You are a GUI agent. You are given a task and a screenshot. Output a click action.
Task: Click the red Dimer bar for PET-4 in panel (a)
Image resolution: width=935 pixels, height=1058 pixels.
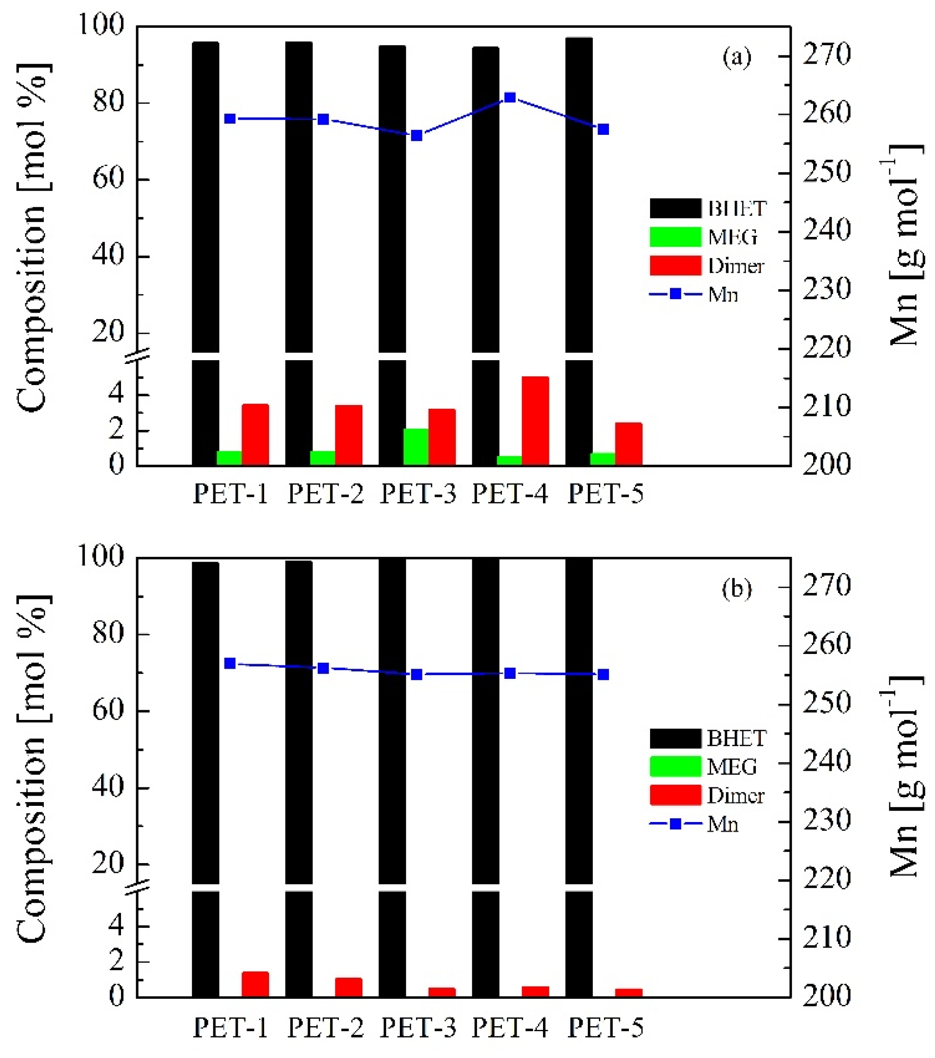click(x=535, y=420)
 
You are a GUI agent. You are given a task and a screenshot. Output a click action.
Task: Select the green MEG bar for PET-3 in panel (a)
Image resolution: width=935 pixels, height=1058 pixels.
click(x=416, y=447)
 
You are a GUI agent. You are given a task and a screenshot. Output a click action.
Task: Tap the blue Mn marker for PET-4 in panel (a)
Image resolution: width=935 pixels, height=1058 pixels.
click(x=510, y=97)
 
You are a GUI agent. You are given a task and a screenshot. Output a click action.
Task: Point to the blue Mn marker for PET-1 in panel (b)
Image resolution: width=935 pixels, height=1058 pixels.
click(x=230, y=664)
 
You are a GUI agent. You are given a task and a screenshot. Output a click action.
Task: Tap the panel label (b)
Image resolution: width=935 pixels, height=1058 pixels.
click(x=736, y=589)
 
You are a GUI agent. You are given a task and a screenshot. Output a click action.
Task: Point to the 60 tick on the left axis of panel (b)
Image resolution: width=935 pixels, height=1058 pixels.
click(x=108, y=711)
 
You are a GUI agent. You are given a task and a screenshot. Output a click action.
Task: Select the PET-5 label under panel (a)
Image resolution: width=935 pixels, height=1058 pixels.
click(x=605, y=493)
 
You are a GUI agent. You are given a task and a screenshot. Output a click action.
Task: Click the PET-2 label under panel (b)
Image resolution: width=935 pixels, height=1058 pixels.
click(x=326, y=1028)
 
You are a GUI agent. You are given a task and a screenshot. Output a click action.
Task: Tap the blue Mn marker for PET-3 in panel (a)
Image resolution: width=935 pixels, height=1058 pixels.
click(x=416, y=136)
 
